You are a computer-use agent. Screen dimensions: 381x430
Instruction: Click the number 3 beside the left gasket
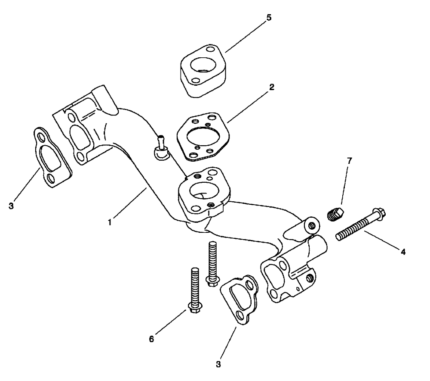click(12, 205)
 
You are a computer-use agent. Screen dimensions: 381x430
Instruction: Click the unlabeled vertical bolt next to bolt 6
click(211, 262)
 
